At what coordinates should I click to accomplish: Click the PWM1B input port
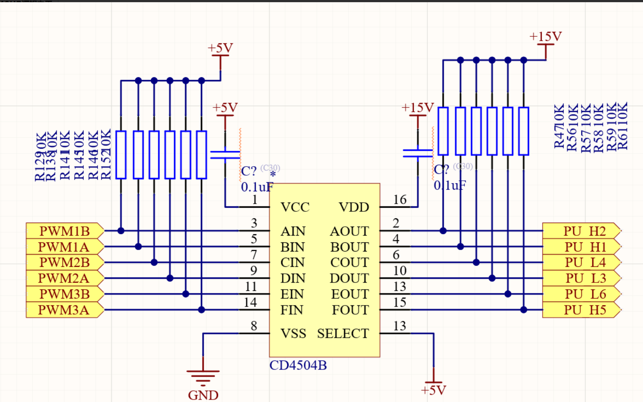[65, 231]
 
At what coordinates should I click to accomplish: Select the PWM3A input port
[64, 310]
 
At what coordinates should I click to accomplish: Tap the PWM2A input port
[64, 278]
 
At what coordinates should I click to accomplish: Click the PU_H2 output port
[581, 231]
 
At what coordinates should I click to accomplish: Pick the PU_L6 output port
[581, 294]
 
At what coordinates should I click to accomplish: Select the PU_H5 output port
[581, 310]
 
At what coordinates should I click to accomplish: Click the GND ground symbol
[203, 377]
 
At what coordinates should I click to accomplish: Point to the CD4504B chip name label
[298, 365]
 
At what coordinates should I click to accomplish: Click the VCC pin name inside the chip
[295, 207]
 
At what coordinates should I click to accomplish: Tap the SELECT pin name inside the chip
[343, 333]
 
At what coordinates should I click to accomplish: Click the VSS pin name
[293, 333]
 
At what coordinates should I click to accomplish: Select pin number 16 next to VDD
[400, 200]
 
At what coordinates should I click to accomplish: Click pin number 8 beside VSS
[254, 326]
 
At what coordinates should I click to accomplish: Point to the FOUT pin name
[350, 310]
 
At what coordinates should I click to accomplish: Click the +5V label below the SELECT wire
[433, 390]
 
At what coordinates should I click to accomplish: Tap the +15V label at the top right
[545, 36]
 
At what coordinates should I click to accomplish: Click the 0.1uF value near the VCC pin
[257, 187]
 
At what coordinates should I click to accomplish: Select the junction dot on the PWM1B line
[121, 231]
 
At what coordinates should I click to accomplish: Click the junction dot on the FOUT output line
[524, 310]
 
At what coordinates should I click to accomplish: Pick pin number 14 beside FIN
[250, 303]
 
